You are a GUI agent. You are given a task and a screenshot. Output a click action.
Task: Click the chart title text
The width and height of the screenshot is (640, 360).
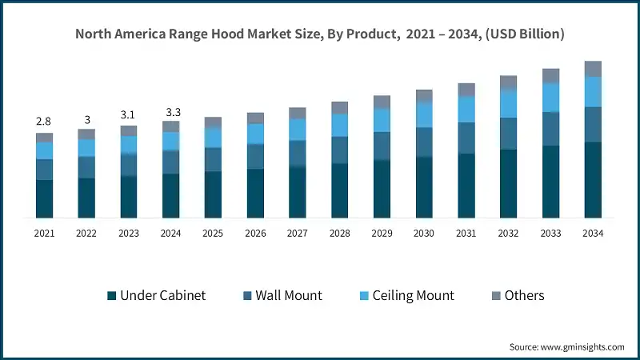pyautogui.click(x=320, y=34)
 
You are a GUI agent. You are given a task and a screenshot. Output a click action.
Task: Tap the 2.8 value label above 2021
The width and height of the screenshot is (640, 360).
pyautogui.click(x=43, y=121)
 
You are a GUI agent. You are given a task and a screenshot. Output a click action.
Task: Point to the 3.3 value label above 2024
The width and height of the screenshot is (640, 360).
pyautogui.click(x=171, y=112)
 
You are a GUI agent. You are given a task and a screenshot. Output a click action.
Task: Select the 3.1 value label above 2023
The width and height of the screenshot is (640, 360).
pyautogui.click(x=129, y=115)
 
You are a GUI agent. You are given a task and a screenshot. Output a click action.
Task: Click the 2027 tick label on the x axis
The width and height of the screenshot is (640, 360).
pyautogui.click(x=298, y=234)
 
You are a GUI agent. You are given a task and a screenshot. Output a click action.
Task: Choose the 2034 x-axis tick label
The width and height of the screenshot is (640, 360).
pyautogui.click(x=593, y=234)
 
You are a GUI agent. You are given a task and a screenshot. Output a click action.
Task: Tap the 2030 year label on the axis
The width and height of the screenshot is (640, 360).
pyautogui.click(x=424, y=234)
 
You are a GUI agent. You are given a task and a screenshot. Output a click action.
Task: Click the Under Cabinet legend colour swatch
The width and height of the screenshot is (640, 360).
pyautogui.click(x=112, y=296)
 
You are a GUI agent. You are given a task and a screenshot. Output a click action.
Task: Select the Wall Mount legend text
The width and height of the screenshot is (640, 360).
pyautogui.click(x=289, y=295)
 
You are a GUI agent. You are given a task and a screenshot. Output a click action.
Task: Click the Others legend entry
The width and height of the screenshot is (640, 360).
pyautogui.click(x=524, y=295)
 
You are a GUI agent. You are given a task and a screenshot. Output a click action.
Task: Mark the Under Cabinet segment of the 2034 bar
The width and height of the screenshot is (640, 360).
pyautogui.click(x=593, y=180)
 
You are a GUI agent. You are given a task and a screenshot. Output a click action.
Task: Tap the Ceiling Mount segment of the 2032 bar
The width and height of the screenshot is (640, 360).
pyautogui.click(x=508, y=103)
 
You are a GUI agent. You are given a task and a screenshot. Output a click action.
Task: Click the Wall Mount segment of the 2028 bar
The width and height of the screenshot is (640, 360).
pyautogui.click(x=339, y=150)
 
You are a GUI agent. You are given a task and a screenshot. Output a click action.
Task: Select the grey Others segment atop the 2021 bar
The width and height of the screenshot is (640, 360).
pyautogui.click(x=44, y=138)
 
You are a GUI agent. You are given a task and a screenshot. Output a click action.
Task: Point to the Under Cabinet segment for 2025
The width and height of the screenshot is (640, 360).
pyautogui.click(x=213, y=194)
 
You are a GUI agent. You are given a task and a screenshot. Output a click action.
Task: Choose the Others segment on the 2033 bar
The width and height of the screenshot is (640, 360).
pyautogui.click(x=550, y=76)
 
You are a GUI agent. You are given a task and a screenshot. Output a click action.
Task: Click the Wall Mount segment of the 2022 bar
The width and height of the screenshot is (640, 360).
pyautogui.click(x=86, y=167)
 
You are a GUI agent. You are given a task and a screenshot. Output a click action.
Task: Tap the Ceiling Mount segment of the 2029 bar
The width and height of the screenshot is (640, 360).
pyautogui.click(x=382, y=120)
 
